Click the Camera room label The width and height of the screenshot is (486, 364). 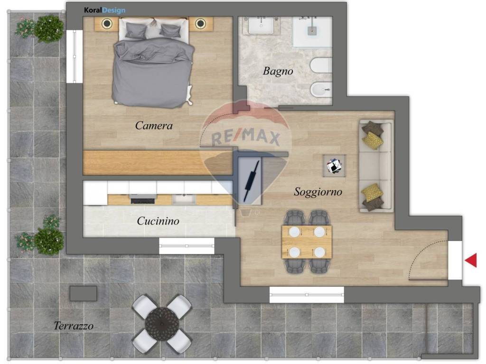tap(154, 126)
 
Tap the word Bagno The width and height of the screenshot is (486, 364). tap(278, 71)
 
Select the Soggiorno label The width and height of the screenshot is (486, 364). tap(318, 192)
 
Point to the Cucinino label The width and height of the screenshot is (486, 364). tap(158, 221)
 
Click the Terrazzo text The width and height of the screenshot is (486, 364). tap(74, 326)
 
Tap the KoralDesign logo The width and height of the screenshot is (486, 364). tap(105, 10)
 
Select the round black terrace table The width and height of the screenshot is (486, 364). tap(162, 323)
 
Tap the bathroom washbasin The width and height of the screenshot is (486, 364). tap(261, 26)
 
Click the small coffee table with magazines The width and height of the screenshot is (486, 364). tap(334, 166)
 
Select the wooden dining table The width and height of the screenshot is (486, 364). tap(307, 242)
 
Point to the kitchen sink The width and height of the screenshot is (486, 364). tap(184, 199)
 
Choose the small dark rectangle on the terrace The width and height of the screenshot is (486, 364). tap(83, 293)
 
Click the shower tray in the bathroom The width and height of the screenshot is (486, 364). tap(312, 32)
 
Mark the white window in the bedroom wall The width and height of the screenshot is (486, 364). tap(75, 56)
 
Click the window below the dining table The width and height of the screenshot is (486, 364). tap(307, 294)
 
